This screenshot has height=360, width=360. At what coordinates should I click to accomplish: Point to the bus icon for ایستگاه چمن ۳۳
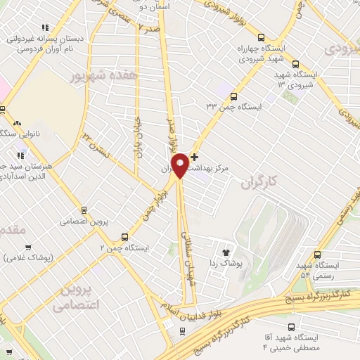click(x=233, y=97)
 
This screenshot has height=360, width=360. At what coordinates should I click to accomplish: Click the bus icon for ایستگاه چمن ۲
click(x=124, y=237)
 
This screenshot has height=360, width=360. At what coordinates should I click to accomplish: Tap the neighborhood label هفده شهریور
click(x=104, y=72)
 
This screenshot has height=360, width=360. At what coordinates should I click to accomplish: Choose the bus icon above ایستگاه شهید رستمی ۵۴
click(x=318, y=255)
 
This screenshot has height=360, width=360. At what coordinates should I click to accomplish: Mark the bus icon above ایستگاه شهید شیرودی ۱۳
click(x=295, y=63)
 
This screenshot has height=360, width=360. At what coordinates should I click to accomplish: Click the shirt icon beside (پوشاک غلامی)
click(x=28, y=247)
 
